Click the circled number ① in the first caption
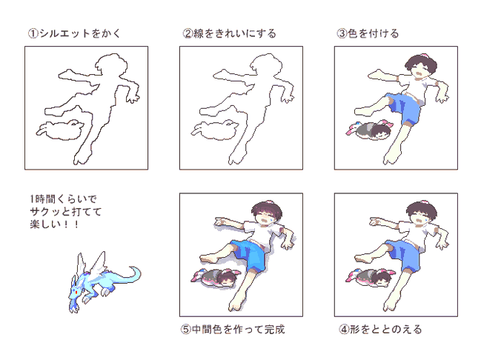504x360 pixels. pyautogui.click(x=33, y=33)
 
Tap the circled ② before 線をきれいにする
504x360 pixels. pyautogui.click(x=188, y=33)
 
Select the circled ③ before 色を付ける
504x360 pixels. pyautogui.click(x=342, y=33)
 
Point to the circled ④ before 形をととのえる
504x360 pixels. pyautogui.click(x=344, y=329)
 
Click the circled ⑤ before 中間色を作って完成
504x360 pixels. pyautogui.click(x=186, y=329)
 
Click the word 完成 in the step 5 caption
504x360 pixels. pyautogui.click(x=274, y=329)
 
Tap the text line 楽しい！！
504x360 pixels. pyautogui.click(x=54, y=224)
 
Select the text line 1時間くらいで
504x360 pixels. pyautogui.click(x=63, y=199)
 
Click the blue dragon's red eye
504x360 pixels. pyautogui.click(x=76, y=292)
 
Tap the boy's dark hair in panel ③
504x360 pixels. pyautogui.click(x=421, y=63)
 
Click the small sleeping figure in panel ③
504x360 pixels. pyautogui.click(x=370, y=130)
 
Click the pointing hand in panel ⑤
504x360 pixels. pyautogui.click(x=221, y=221)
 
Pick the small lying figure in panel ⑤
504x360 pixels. pyautogui.click(x=216, y=277)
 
